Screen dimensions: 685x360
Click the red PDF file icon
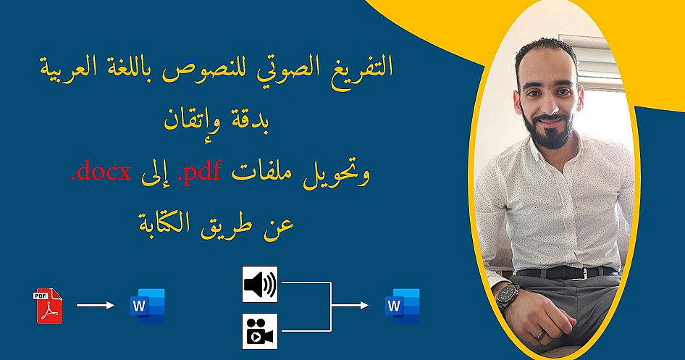point(48,306)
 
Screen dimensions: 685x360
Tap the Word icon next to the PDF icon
point(148,306)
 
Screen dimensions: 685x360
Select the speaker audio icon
point(260,285)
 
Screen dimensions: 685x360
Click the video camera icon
point(260,331)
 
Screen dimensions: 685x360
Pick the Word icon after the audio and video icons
point(403,306)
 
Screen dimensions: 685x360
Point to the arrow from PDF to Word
point(96,306)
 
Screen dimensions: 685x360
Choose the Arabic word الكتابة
point(164,224)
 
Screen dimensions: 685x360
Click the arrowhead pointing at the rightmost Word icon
point(364,306)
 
